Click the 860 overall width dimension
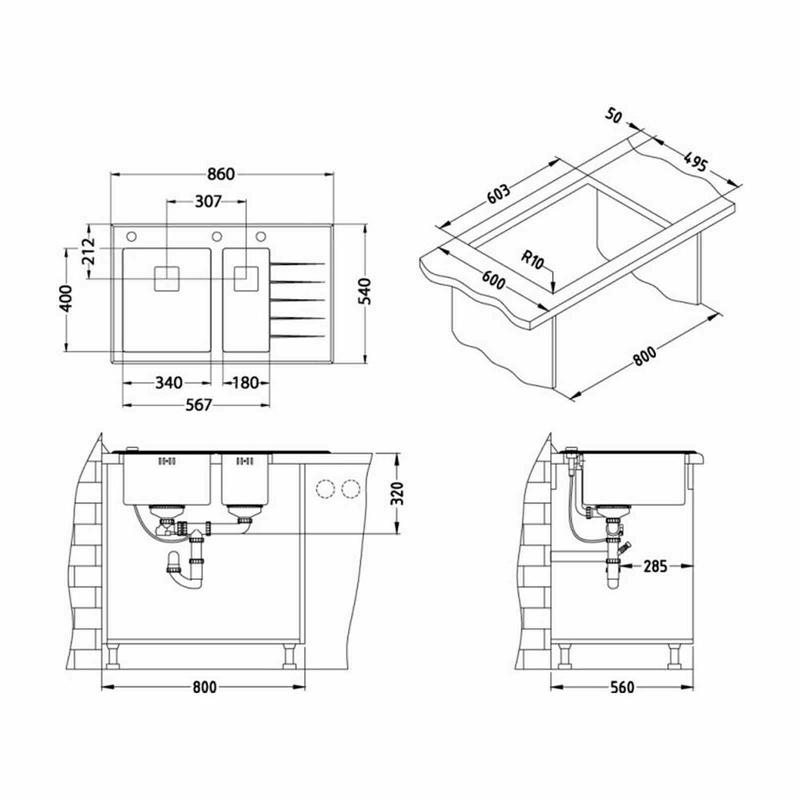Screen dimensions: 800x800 (222, 174)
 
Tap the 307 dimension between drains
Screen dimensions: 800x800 (208, 202)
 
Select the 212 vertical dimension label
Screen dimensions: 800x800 (88, 251)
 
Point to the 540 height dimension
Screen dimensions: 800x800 (366, 292)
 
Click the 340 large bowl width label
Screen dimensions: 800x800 (168, 382)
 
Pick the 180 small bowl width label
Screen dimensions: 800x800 (246, 382)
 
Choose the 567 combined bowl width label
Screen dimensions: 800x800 (198, 405)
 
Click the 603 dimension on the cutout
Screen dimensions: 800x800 (498, 194)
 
